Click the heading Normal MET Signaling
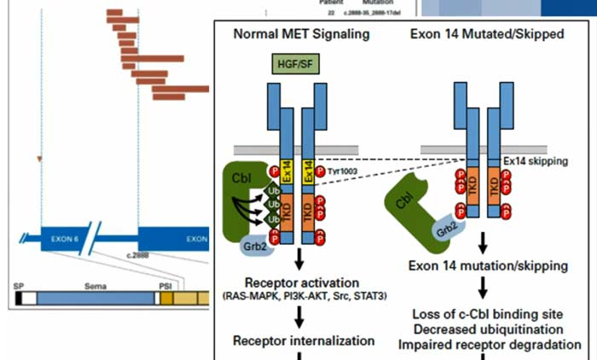click(x=302, y=35)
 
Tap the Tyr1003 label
click(x=341, y=171)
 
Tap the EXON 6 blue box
click(x=65, y=240)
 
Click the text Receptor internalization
click(x=304, y=341)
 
